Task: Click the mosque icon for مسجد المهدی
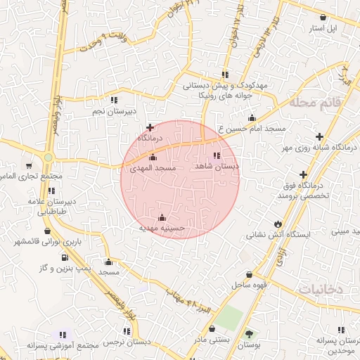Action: coord(153,157)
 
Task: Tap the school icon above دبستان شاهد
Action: coord(216,155)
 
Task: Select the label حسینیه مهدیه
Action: coord(162,228)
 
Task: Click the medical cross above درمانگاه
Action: coord(149,127)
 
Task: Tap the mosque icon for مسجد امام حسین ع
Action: coord(251,118)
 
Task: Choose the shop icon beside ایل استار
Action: coord(322,18)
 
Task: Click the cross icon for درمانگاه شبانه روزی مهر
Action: coord(320,136)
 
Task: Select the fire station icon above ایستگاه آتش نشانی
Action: coord(267,224)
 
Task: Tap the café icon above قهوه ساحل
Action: coord(249,274)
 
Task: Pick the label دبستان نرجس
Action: coord(129,341)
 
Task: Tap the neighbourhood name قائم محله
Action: coord(315,103)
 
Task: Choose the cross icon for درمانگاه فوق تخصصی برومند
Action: coord(303,174)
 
